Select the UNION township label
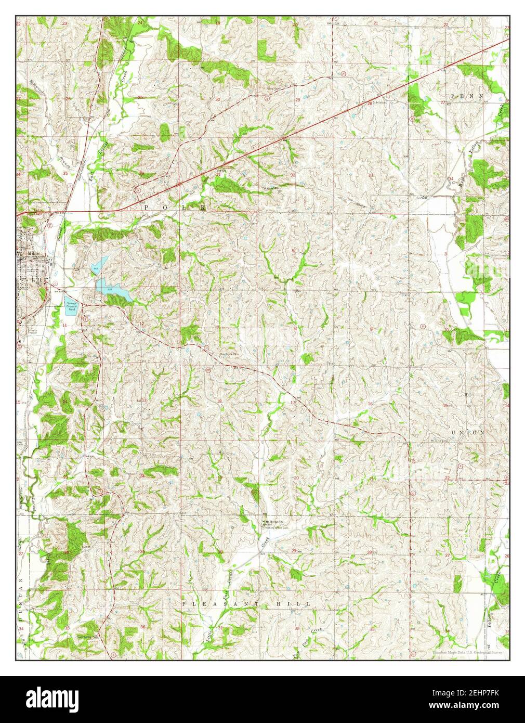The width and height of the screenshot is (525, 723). (x=467, y=432)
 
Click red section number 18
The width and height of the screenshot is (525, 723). (x=219, y=401)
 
